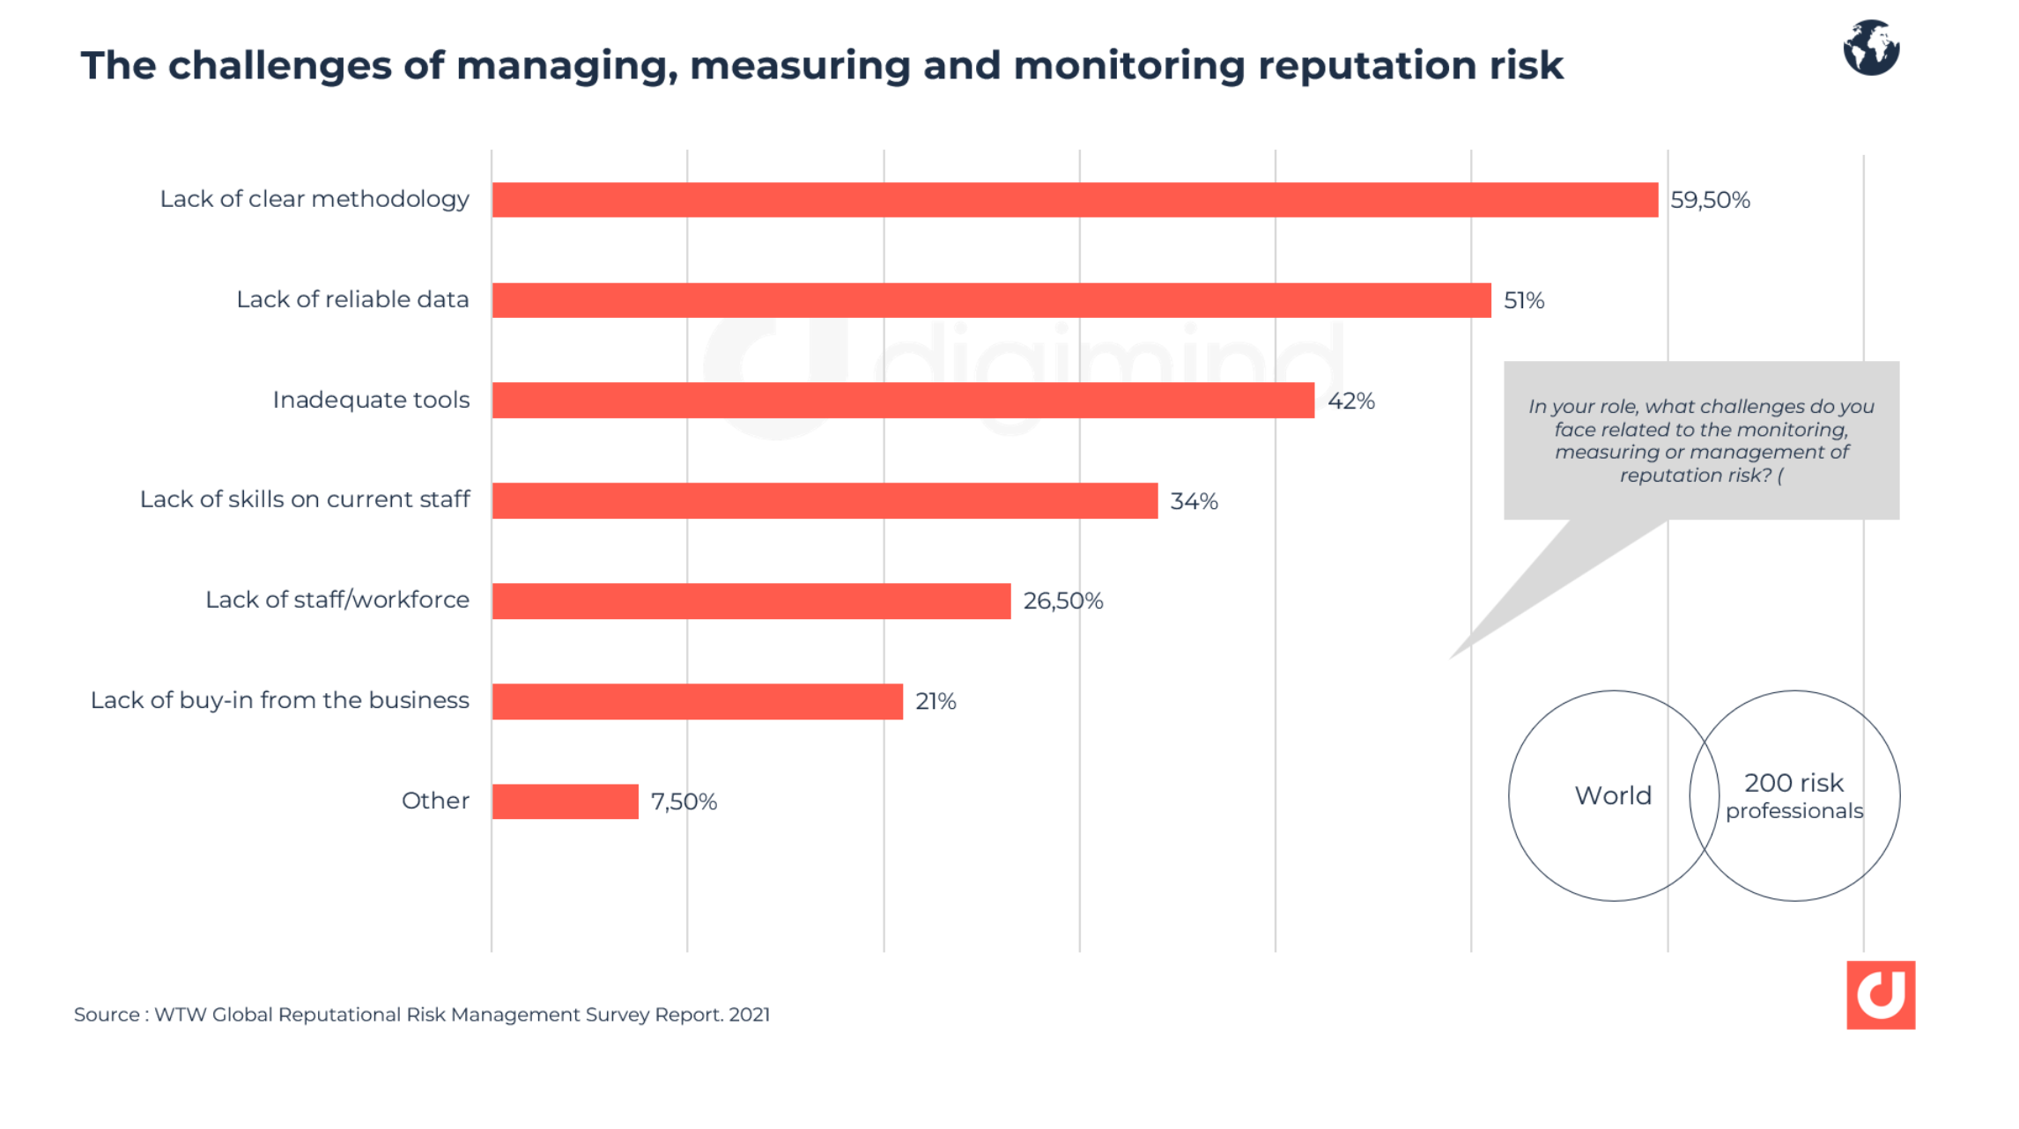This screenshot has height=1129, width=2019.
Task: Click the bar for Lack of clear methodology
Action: pos(1075,200)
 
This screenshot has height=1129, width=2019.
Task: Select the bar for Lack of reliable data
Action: pos(991,300)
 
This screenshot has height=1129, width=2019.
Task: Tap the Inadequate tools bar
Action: pos(903,401)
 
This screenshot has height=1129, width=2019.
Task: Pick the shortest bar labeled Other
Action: pos(565,801)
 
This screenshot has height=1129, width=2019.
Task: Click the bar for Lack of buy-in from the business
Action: pos(697,702)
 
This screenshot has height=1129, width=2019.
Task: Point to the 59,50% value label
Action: pos(1710,200)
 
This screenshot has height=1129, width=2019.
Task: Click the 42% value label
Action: pos(1350,401)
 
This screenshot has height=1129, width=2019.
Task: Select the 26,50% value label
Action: pos(1062,601)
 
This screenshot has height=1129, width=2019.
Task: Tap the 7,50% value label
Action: pos(684,801)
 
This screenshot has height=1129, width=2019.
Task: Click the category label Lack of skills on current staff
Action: pos(305,499)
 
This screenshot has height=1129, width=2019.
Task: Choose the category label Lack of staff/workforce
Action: pos(337,600)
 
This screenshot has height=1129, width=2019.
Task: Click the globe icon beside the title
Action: pos(1871,48)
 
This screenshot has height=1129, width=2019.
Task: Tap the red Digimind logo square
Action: pos(1881,995)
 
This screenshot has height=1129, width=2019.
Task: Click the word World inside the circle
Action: pos(1613,795)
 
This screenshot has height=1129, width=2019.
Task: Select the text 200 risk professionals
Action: pos(1793,796)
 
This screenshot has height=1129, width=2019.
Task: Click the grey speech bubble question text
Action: pos(1701,440)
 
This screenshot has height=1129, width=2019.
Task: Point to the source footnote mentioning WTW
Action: pos(422,1015)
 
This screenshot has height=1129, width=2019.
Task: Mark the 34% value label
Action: pos(1194,501)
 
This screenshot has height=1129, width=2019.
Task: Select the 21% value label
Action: pos(936,702)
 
